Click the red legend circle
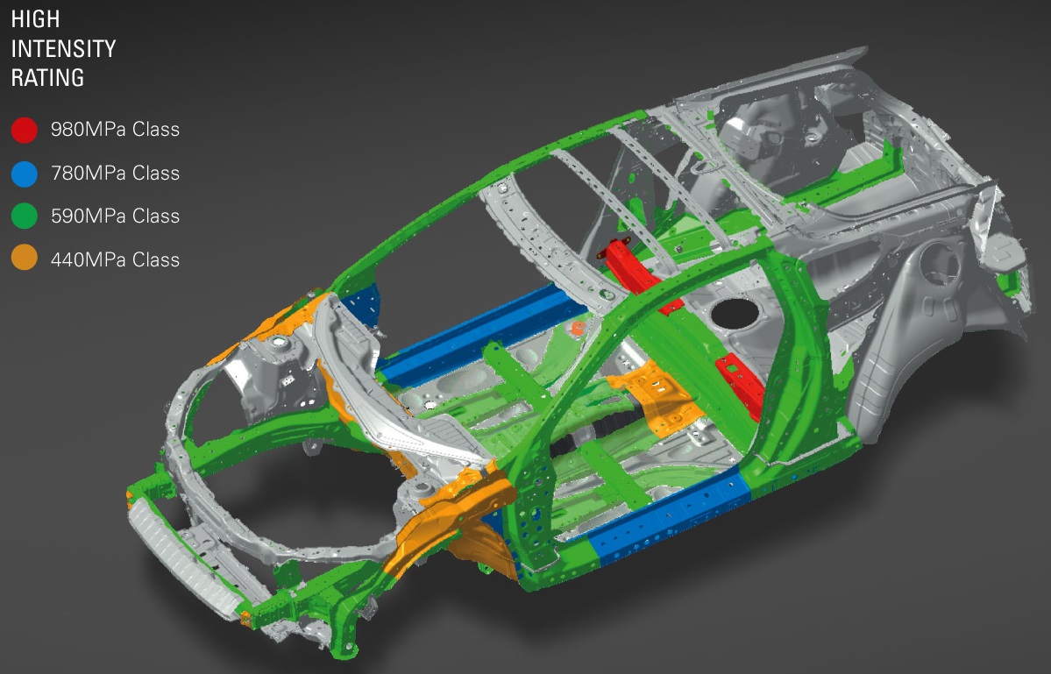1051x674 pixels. [25, 130]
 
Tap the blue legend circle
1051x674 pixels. [25, 174]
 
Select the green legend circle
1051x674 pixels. [25, 216]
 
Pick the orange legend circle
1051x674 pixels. [25, 259]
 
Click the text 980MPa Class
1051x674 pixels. [116, 130]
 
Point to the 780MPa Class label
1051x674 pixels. [116, 173]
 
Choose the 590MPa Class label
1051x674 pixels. [116, 216]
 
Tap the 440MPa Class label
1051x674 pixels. [116, 259]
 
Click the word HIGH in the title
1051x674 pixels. [36, 19]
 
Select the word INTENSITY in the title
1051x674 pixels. [64, 49]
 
